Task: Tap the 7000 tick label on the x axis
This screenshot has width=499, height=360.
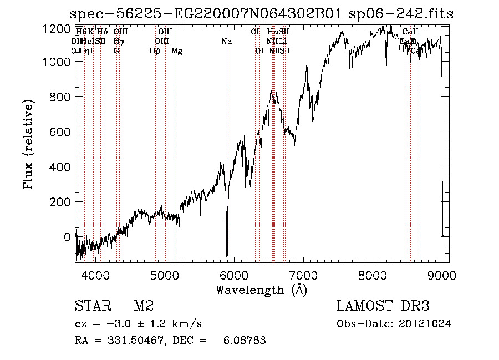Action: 304,275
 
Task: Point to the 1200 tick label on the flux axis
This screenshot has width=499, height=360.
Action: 57,28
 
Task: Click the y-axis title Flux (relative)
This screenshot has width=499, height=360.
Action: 29,143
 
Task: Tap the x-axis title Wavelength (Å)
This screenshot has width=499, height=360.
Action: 261,290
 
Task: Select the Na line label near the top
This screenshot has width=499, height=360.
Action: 226,41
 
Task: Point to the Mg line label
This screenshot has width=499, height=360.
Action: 177,51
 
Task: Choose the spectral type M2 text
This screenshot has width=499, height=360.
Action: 144,306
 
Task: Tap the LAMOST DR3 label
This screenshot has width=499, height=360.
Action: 383,306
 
